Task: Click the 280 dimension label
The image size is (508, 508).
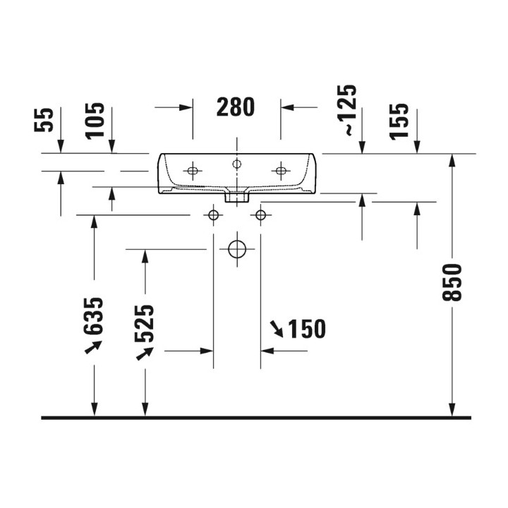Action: click(236, 107)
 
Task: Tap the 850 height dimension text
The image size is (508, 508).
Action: click(452, 282)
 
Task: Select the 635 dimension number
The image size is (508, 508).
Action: click(93, 316)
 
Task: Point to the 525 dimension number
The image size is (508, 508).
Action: click(144, 323)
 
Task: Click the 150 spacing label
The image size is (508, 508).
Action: click(307, 329)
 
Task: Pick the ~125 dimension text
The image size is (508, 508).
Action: click(347, 110)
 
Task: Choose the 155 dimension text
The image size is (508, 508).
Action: click(399, 121)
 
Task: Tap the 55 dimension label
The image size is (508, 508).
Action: click(44, 120)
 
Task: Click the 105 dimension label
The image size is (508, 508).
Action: click(95, 121)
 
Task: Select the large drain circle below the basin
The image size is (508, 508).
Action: click(237, 250)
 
